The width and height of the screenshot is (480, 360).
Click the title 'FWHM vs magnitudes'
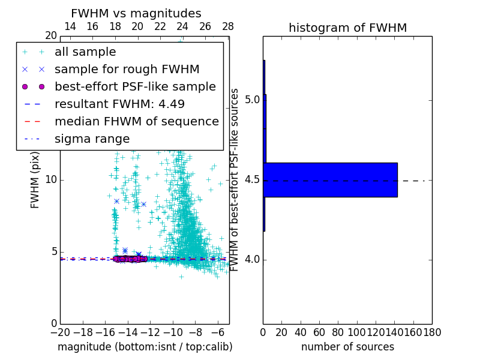136,13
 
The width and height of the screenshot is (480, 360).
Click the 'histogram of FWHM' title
347,28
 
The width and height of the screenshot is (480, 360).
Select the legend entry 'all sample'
85,52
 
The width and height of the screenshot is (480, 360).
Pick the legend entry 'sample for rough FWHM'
127,70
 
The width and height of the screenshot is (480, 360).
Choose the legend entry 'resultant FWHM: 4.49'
119,104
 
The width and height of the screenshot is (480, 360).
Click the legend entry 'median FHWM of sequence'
136,122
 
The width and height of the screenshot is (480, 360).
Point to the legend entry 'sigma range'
92,139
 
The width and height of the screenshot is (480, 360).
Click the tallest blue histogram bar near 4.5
331,179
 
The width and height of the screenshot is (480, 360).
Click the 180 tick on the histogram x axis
432,332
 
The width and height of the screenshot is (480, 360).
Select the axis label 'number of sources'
347,347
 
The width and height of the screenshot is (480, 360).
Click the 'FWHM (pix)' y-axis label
35,180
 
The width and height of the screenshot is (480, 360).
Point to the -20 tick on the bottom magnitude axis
60,332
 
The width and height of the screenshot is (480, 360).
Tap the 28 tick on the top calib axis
228,26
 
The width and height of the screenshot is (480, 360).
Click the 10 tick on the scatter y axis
50,180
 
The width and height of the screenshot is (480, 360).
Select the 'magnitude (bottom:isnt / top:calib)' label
145,347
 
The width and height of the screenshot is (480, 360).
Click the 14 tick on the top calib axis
70,26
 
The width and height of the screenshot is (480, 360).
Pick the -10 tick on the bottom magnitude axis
173,332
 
